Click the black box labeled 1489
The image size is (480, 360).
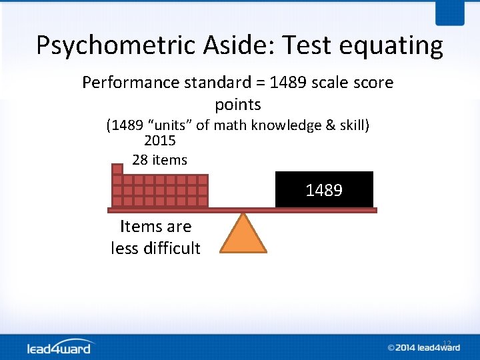click(x=324, y=190)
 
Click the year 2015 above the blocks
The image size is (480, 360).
click(x=160, y=141)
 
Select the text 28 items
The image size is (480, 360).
click(x=160, y=160)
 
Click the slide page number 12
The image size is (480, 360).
click(x=447, y=343)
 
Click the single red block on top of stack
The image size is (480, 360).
click(x=117, y=169)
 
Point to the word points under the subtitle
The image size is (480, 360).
click(x=238, y=105)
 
